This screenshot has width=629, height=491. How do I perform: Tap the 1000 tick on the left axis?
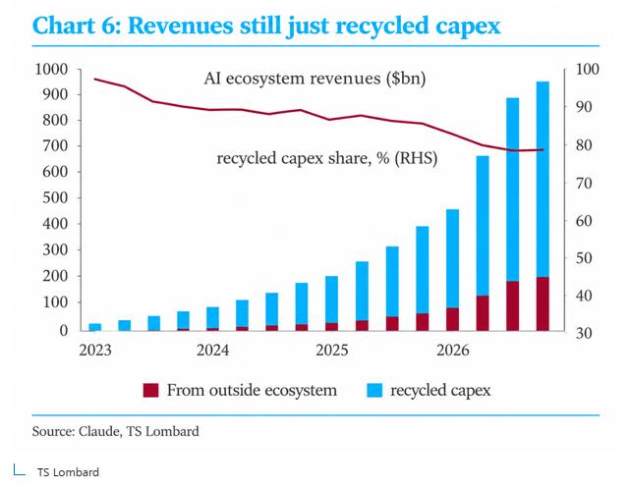pos(51,69)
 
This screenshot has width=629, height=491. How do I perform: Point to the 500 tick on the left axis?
pos(55,197)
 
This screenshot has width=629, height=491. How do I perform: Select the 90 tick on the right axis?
pos(584,107)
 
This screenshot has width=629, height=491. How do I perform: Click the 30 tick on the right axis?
pos(584,333)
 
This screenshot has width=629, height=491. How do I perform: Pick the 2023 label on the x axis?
pos(95,351)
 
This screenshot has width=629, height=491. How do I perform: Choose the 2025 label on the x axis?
pos(332,351)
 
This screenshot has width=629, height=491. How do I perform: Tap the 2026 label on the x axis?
pos(452,351)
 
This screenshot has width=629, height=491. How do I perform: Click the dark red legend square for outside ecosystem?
pos(150,390)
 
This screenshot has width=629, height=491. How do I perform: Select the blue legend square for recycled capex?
pos(374,390)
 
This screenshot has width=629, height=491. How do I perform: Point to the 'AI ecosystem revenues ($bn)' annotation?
pos(314,79)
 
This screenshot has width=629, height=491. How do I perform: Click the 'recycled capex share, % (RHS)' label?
pos(327,158)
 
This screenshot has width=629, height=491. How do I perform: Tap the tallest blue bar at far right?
pos(543,179)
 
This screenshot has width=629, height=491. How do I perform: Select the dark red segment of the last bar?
pos(543,303)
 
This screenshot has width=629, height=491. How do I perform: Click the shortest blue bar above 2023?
pos(95,327)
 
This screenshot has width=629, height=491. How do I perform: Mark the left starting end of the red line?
pos(94,79)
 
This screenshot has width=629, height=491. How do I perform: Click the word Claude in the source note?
pos(99,431)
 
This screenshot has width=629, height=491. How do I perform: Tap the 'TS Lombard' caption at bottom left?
pos(68,472)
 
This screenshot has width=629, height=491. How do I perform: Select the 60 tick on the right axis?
pos(584,221)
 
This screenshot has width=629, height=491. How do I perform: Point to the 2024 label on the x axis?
pos(212,351)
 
